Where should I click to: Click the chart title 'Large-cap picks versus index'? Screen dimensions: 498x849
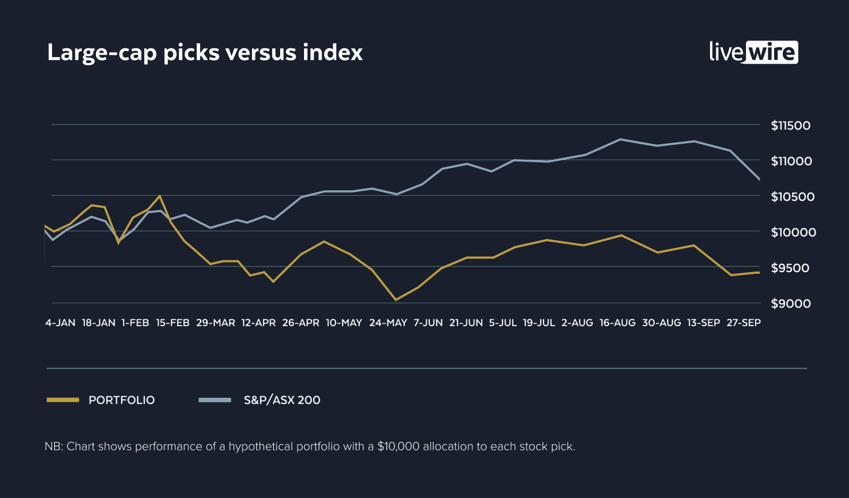(205, 53)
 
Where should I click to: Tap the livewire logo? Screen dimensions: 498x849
(753, 52)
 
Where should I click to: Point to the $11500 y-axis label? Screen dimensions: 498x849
(791, 126)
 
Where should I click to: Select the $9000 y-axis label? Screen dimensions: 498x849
(791, 304)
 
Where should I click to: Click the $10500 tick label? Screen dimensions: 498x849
(792, 197)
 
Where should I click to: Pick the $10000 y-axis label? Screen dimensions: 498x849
(793, 232)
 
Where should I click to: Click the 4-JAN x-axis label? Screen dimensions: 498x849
(60, 323)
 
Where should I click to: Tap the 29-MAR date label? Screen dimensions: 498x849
(215, 323)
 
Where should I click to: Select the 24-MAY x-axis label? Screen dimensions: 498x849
(388, 323)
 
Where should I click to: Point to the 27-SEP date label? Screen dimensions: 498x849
(743, 323)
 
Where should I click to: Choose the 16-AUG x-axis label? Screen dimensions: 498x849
(617, 323)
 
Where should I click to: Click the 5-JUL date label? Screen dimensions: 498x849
(503, 323)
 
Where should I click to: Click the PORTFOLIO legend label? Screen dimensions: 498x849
(122, 400)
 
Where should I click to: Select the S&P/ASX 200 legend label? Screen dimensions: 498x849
(282, 400)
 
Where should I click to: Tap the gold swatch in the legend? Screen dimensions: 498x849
(63, 400)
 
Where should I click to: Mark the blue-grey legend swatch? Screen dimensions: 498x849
(215, 400)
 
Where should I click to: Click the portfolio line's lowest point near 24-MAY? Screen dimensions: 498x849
(395, 300)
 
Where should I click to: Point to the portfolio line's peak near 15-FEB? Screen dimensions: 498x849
(160, 196)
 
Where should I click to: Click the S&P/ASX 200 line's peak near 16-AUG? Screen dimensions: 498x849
(620, 139)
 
